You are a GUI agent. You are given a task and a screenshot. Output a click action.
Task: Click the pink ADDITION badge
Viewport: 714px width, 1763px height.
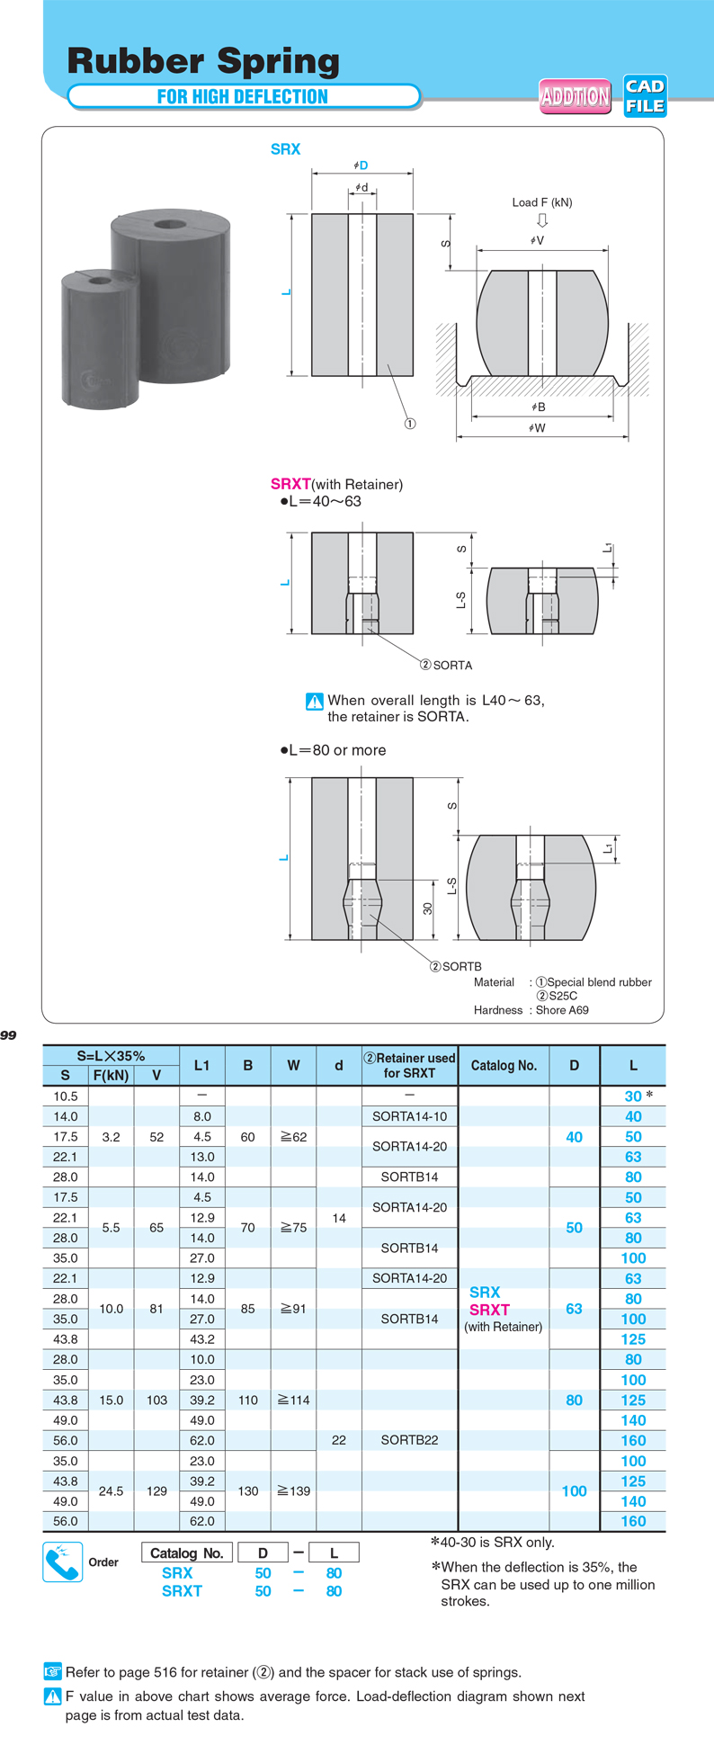click(576, 96)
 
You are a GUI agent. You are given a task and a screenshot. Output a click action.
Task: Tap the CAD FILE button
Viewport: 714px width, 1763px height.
click(645, 96)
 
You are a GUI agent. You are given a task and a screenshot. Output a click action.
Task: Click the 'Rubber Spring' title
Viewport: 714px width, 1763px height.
click(203, 61)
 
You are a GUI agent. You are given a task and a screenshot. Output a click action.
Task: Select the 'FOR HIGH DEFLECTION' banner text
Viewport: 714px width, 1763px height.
click(243, 97)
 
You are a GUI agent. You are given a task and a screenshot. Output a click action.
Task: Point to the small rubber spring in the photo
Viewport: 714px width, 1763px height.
click(100, 337)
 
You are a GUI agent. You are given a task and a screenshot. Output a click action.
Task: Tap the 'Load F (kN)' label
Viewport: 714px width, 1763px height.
click(542, 202)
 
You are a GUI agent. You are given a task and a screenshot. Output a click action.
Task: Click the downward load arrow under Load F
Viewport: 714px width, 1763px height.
click(541, 220)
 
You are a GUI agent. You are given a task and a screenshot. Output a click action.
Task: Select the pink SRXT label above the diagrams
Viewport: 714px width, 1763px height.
click(290, 484)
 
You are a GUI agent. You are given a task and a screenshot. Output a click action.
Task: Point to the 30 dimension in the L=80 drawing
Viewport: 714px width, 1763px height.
click(427, 908)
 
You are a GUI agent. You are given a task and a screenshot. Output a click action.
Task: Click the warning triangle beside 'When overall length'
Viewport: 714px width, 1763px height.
click(314, 702)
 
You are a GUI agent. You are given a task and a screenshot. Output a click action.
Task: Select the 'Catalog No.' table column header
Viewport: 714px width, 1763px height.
click(504, 1066)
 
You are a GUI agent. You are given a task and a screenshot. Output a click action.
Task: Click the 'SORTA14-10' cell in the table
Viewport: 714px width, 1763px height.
click(409, 1116)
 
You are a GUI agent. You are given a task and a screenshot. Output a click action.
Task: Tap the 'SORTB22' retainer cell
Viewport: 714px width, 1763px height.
click(409, 1440)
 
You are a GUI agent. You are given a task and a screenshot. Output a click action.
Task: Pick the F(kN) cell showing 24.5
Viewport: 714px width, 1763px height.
click(111, 1490)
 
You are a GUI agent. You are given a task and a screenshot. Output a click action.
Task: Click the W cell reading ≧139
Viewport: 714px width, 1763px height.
click(293, 1490)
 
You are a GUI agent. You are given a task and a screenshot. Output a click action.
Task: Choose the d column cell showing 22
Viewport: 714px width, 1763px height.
click(338, 1440)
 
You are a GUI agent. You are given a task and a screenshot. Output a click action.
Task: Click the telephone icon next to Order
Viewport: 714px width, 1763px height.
click(63, 1562)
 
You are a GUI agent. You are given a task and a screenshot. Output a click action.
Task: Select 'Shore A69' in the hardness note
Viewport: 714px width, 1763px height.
click(562, 1010)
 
